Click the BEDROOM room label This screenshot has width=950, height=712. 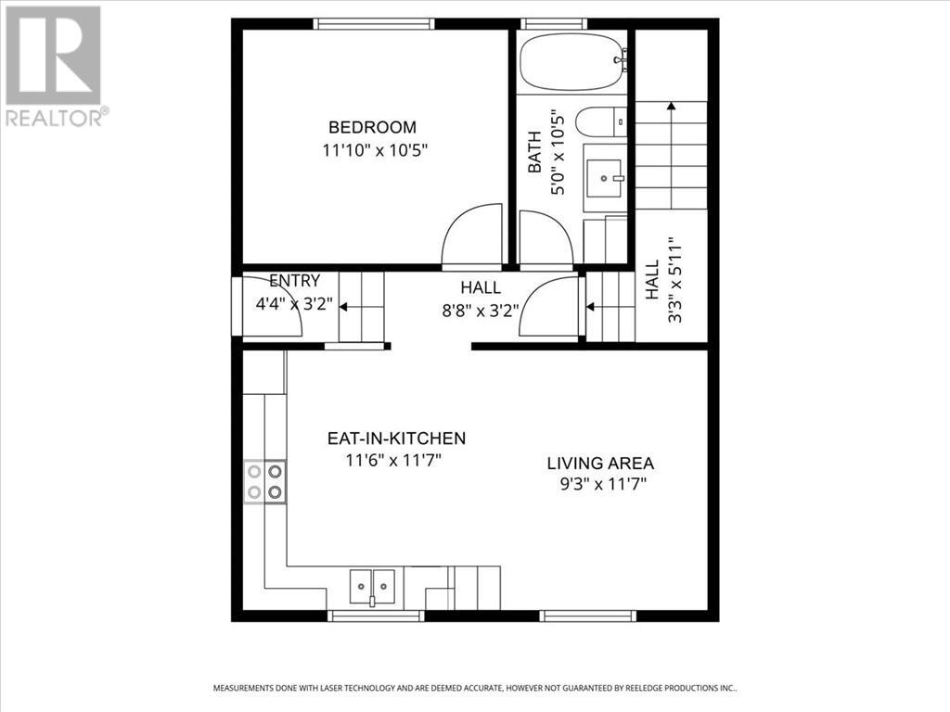point(372,127)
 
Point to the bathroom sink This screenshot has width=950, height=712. point(608,176)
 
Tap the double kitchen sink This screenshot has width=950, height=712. point(372,585)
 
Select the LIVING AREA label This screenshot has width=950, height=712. point(600,464)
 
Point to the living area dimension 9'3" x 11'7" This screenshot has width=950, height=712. point(600,483)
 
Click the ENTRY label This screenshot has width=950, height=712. point(294,281)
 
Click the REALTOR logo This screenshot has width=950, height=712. point(54,65)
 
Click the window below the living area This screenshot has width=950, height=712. point(588,615)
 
